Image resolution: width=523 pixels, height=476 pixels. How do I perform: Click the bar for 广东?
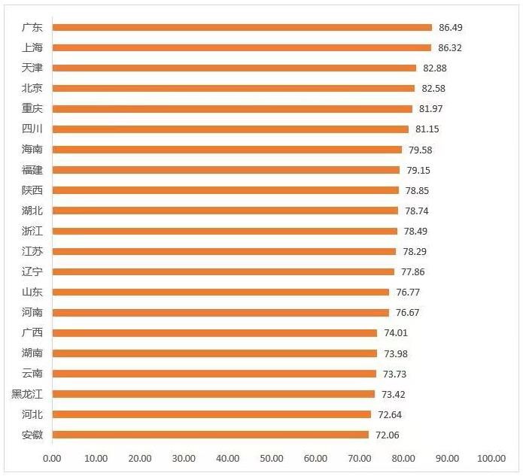pos(242,27)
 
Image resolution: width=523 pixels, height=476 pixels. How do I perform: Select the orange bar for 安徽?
pos(211,434)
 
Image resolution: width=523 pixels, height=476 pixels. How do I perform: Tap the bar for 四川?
pos(230,129)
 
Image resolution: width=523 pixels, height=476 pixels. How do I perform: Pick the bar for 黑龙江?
pos(214,393)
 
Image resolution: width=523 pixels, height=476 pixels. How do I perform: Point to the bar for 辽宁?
pos(223,271)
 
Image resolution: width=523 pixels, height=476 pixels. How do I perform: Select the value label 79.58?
pos(421,150)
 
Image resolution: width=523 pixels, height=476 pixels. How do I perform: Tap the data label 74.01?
pos(396,332)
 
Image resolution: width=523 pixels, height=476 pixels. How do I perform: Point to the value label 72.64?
pos(390,414)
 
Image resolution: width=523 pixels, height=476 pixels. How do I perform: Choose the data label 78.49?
pos(415,231)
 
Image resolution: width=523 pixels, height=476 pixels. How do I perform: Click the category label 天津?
pos(32,68)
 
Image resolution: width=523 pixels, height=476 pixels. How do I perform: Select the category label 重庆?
pos(32,108)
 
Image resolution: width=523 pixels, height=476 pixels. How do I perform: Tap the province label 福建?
pos(32,170)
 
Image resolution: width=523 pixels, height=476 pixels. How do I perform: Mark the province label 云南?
pos(32,373)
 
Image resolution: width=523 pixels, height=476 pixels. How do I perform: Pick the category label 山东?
pos(32,292)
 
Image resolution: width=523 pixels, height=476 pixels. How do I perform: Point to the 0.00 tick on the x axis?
pos(52,458)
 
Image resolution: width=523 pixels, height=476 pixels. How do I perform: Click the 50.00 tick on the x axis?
pos(272,458)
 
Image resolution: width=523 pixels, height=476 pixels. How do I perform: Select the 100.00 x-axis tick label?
pos(491,458)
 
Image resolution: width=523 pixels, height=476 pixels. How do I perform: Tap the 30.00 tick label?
pos(184,458)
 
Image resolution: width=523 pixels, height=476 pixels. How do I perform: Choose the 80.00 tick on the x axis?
pos(403,458)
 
